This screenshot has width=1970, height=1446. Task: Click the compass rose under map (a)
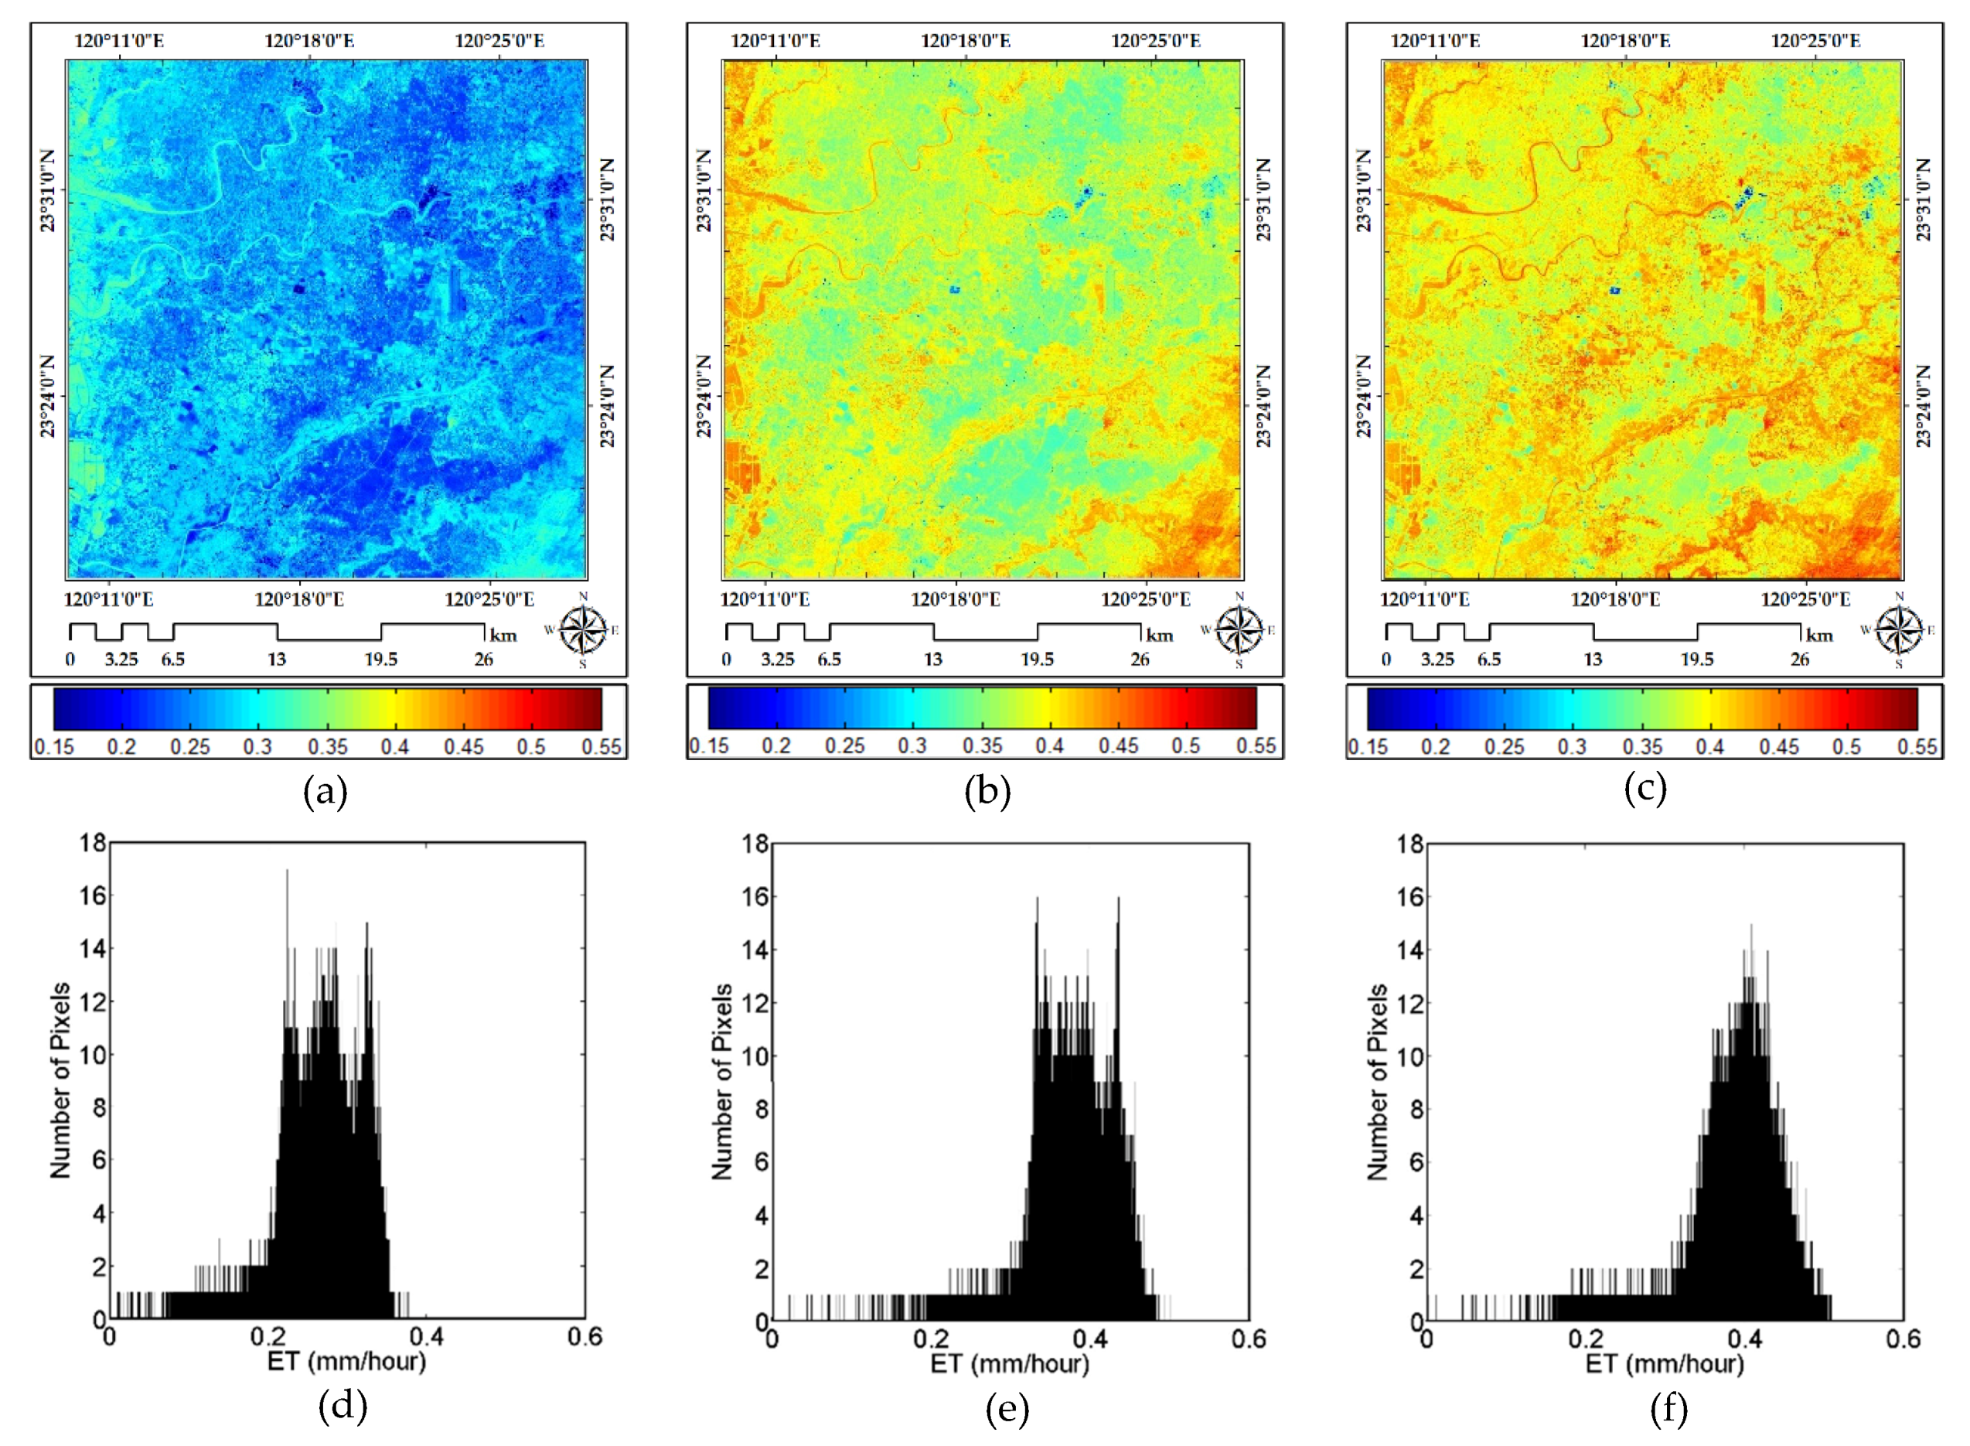pyautogui.click(x=583, y=630)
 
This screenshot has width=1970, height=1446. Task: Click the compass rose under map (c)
pyautogui.click(x=1898, y=630)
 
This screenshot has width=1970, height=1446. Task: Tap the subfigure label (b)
pyautogui.click(x=987, y=791)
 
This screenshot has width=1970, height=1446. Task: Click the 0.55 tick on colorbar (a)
pyautogui.click(x=602, y=748)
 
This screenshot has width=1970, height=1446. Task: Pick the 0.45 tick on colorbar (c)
pyautogui.click(x=1779, y=748)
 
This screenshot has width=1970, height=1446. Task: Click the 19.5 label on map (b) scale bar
pyautogui.click(x=1037, y=659)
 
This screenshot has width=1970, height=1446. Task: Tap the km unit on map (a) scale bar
pyautogui.click(x=503, y=636)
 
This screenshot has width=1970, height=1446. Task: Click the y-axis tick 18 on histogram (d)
pyautogui.click(x=92, y=843)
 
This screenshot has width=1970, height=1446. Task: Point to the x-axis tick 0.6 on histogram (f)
pyautogui.click(x=1903, y=1340)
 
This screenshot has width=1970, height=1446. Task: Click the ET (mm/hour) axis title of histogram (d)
pyautogui.click(x=346, y=1362)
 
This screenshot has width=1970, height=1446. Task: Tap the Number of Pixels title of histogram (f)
pyautogui.click(x=1378, y=1081)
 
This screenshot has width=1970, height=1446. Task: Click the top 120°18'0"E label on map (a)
pyautogui.click(x=309, y=41)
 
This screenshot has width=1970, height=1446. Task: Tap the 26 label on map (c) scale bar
pyautogui.click(x=1799, y=659)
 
